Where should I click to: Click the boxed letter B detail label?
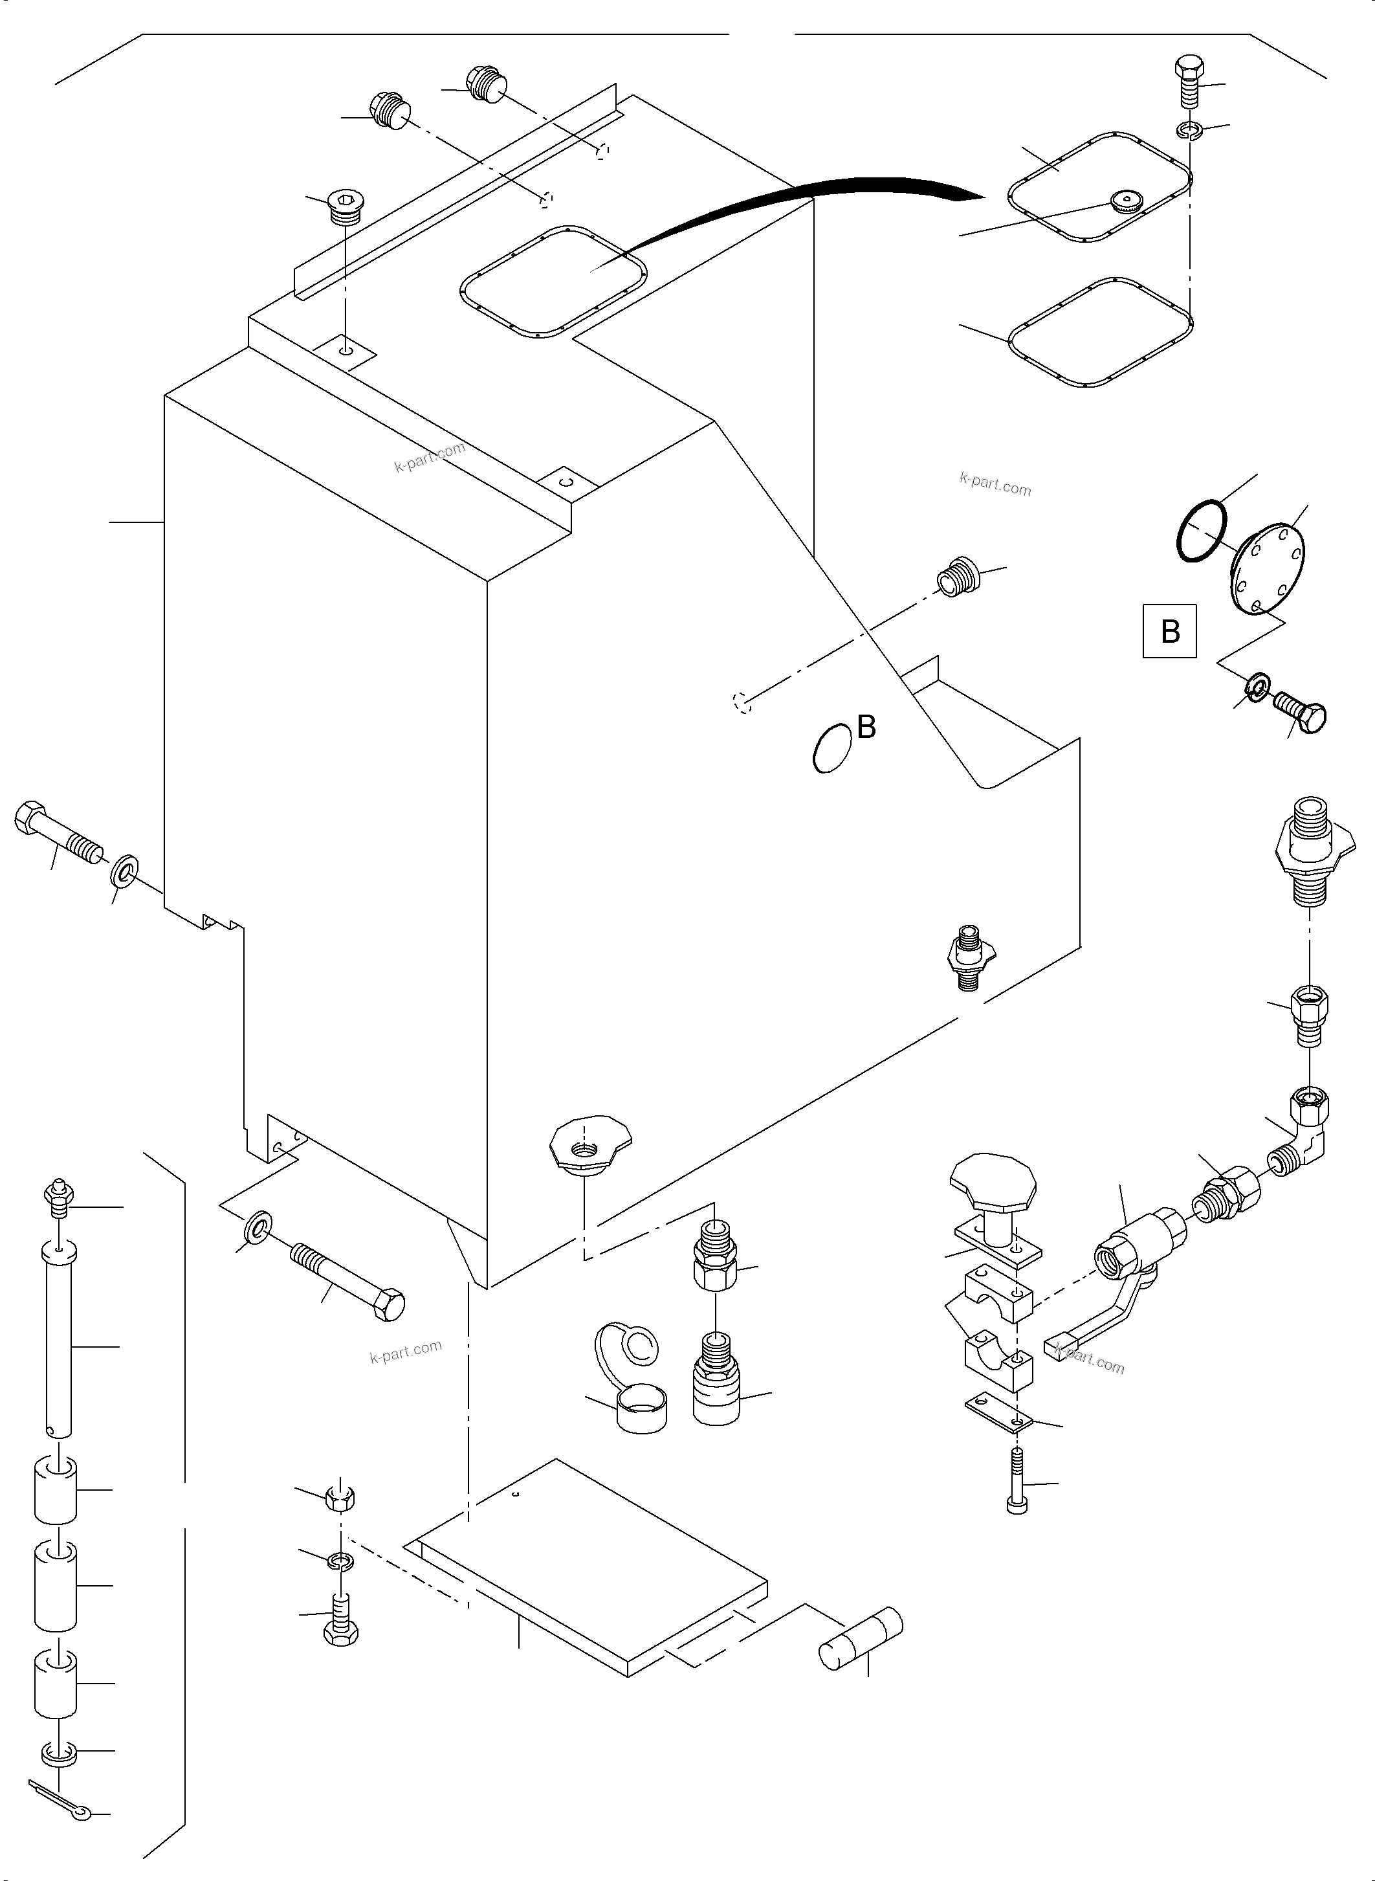pos(1169,631)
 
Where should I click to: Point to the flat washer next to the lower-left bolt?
pos(258,1227)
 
